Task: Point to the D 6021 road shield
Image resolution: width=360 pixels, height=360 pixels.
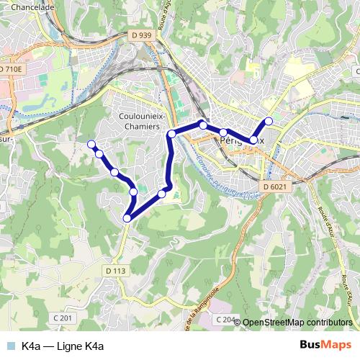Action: click(274, 187)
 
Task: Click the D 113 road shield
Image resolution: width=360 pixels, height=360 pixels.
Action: click(116, 271)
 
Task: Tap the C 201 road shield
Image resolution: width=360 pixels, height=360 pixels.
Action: click(63, 318)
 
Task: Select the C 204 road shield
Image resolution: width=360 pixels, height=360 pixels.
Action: click(225, 319)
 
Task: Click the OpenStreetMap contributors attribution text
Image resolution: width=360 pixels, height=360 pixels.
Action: click(297, 323)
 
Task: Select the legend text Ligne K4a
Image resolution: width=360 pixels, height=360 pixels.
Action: click(63, 346)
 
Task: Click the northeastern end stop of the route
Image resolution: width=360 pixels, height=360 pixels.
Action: click(269, 121)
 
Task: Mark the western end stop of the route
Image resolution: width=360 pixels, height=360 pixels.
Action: click(91, 144)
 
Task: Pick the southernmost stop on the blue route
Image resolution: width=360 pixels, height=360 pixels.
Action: click(127, 218)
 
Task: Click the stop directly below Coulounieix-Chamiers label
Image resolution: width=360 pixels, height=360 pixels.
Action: click(171, 135)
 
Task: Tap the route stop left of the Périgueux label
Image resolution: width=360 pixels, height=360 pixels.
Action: click(204, 126)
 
